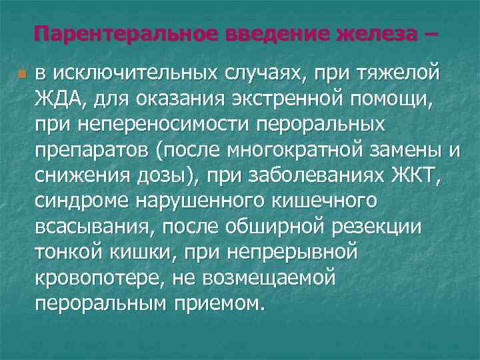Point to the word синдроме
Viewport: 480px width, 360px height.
[74, 201]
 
